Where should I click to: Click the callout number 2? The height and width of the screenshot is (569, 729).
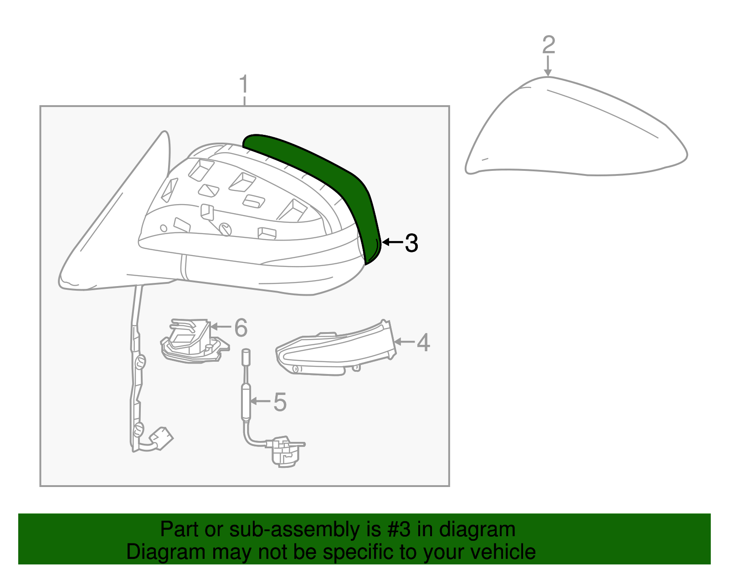point(549,45)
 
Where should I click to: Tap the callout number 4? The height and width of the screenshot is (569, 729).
point(423,343)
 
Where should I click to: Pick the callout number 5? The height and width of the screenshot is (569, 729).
point(280,402)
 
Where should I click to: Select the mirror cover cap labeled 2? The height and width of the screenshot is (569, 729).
point(574,132)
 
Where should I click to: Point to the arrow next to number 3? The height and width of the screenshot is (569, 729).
point(392,242)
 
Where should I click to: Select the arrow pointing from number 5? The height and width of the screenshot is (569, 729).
point(261,401)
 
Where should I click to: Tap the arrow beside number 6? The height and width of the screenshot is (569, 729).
point(221,326)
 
